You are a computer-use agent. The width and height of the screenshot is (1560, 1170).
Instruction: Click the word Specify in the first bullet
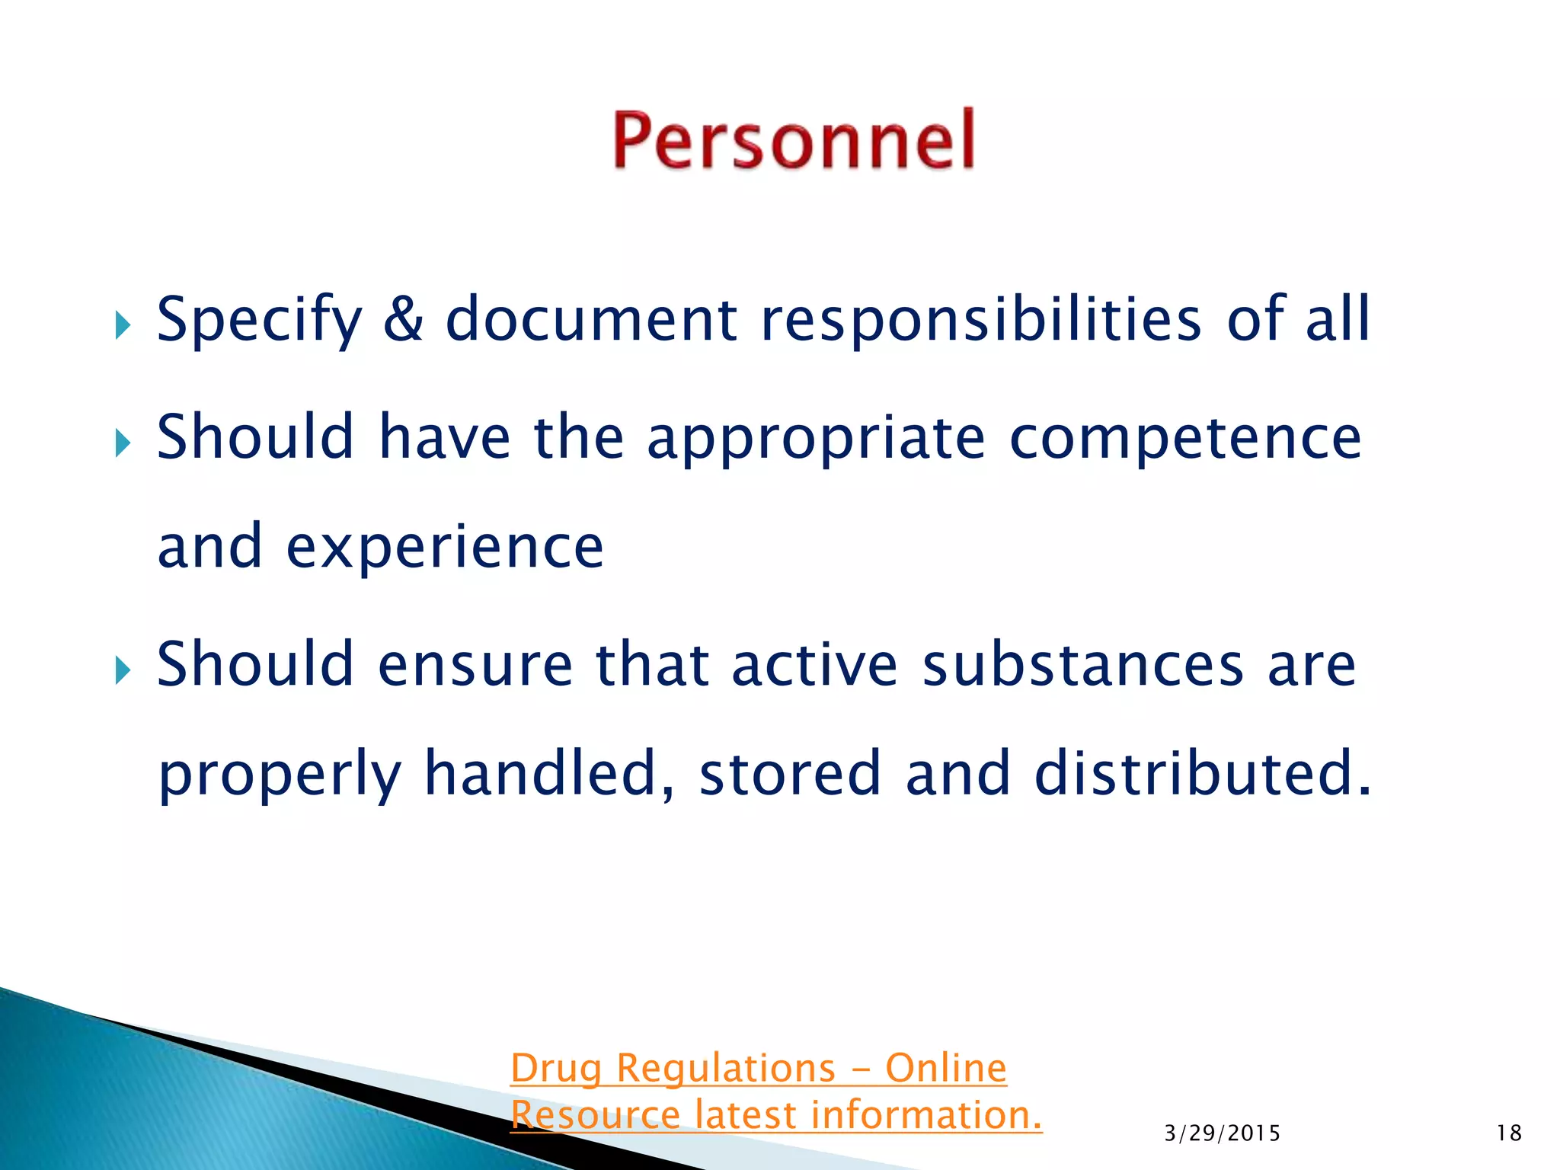[259, 320]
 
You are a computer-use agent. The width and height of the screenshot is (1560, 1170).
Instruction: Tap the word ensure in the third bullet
[475, 664]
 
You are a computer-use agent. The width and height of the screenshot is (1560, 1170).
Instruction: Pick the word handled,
[549, 774]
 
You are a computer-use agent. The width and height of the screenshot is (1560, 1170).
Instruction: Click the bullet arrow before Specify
[123, 326]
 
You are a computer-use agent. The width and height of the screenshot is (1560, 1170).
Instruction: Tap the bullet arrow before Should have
[123, 443]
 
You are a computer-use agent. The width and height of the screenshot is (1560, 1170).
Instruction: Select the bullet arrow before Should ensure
[123, 670]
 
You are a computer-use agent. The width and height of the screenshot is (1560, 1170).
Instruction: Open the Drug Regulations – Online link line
[758, 1068]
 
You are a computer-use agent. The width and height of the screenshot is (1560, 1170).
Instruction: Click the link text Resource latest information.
[775, 1115]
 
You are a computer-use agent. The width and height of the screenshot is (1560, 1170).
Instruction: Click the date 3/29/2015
[1222, 1133]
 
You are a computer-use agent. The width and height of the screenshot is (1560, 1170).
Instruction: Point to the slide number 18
[1509, 1133]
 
